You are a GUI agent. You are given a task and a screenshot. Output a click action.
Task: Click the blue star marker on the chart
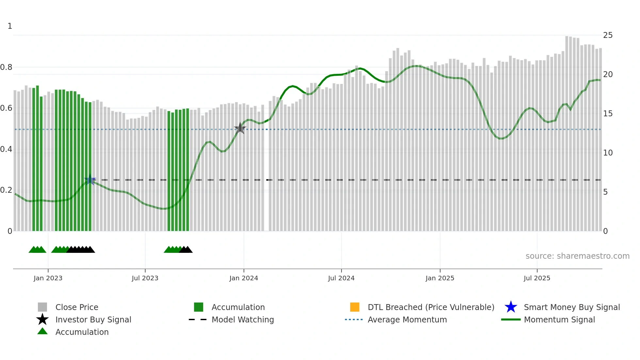pyautogui.click(x=90, y=180)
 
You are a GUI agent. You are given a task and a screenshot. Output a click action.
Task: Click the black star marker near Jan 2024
pyautogui.click(x=240, y=128)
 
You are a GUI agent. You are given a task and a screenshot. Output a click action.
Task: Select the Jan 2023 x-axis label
pyautogui.click(x=48, y=278)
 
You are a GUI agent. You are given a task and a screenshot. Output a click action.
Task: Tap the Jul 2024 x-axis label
pyautogui.click(x=341, y=278)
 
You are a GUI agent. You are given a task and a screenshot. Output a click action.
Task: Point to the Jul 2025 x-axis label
pyautogui.click(x=537, y=278)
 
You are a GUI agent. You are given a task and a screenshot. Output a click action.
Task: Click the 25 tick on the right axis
pyautogui.click(x=608, y=35)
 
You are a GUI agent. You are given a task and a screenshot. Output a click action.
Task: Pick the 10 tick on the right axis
pyautogui.click(x=608, y=153)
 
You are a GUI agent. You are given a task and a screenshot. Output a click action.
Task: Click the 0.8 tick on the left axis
pyautogui.click(x=7, y=67)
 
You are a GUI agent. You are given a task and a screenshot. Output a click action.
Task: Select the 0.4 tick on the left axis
pyautogui.click(x=7, y=149)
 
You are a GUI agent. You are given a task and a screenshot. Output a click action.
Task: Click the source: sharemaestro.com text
pyautogui.click(x=577, y=256)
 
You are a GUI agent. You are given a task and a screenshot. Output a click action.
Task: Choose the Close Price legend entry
pyautogui.click(x=77, y=307)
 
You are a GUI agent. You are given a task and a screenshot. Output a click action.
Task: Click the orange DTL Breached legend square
pyautogui.click(x=355, y=307)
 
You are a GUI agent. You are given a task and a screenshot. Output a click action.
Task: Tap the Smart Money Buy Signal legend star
pyautogui.click(x=511, y=307)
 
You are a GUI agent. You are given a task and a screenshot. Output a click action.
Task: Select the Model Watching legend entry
pyautogui.click(x=243, y=319)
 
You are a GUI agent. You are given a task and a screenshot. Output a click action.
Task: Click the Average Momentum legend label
pyautogui.click(x=407, y=319)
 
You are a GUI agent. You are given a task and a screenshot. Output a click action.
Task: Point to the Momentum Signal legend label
pyautogui.click(x=559, y=319)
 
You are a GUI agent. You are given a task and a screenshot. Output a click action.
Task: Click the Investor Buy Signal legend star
pyautogui.click(x=42, y=319)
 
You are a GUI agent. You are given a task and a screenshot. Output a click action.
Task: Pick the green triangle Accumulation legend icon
pyautogui.click(x=42, y=331)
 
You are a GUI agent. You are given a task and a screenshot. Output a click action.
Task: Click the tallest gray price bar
pyautogui.click(x=567, y=131)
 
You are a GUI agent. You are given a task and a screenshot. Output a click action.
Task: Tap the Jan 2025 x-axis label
pyautogui.click(x=440, y=278)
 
